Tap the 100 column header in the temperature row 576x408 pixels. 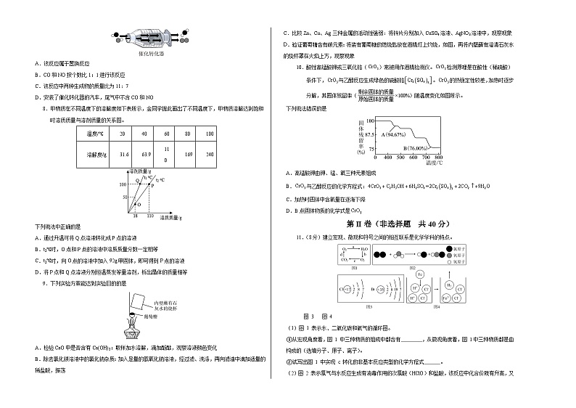pyautogui.click(x=210, y=134)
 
